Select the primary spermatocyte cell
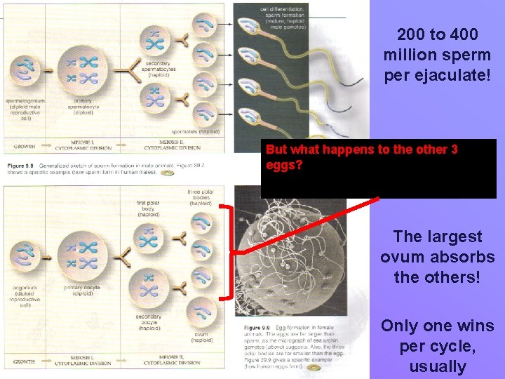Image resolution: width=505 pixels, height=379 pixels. (x=82, y=69)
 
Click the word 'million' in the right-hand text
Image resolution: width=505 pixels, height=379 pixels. (x=410, y=54)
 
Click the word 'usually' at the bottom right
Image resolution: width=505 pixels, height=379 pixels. (x=437, y=366)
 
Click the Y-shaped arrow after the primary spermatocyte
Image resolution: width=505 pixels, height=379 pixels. (x=124, y=70)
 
